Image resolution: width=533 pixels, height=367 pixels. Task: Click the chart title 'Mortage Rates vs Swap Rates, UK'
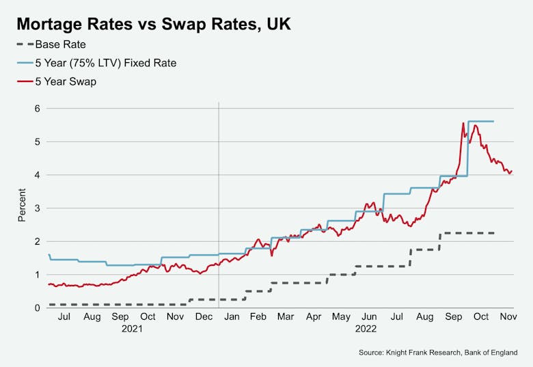click(x=154, y=25)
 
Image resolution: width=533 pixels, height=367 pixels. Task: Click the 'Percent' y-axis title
click(x=23, y=208)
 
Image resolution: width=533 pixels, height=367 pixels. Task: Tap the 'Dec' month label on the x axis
click(x=204, y=317)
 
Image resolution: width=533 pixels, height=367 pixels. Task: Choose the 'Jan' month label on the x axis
click(x=232, y=317)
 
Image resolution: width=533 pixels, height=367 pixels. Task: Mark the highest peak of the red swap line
click(x=463, y=123)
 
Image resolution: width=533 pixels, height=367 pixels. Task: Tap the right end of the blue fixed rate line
click(x=493, y=121)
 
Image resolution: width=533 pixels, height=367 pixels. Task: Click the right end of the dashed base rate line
click(x=493, y=233)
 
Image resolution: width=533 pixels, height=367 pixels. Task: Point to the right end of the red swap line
click(x=511, y=171)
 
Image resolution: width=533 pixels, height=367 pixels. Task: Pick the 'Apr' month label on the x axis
click(x=314, y=317)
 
